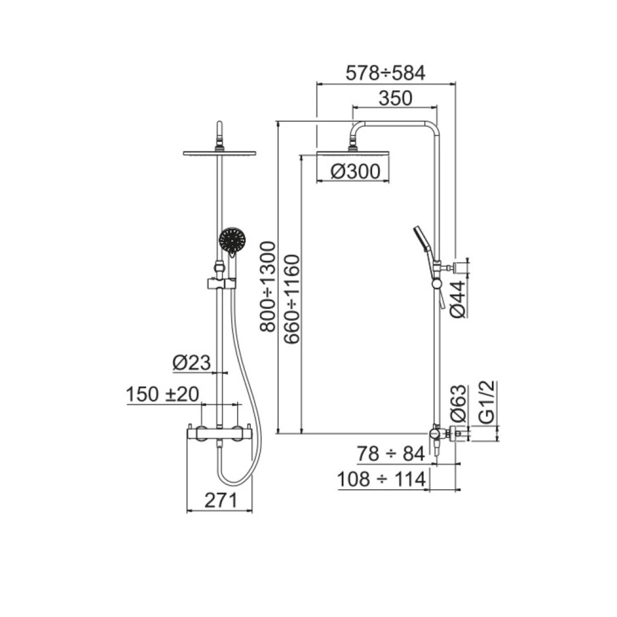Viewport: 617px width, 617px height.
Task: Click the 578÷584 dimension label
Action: click(386, 73)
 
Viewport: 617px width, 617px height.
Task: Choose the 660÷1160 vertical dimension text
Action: click(292, 299)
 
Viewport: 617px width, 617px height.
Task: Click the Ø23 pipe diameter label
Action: click(192, 363)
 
